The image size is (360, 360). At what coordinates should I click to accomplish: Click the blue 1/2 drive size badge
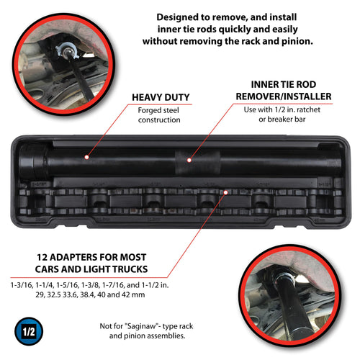(x=29, y=331)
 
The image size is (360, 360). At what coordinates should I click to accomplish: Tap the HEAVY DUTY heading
(x=161, y=97)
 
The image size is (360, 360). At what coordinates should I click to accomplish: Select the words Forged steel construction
(x=159, y=115)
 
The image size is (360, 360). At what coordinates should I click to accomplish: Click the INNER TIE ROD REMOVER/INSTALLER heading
(x=284, y=91)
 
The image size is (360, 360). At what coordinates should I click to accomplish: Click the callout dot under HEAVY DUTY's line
(x=87, y=157)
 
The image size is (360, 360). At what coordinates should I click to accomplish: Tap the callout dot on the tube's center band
(x=189, y=160)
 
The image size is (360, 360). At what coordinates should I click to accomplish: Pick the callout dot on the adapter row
(x=225, y=192)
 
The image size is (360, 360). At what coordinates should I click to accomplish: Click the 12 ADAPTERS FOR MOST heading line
(x=91, y=257)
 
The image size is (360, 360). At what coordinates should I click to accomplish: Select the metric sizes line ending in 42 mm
(x=90, y=294)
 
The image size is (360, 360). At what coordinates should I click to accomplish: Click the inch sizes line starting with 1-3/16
(x=89, y=285)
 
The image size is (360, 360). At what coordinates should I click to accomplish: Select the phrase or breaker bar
(x=282, y=120)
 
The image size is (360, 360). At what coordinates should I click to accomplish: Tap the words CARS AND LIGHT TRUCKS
(x=91, y=269)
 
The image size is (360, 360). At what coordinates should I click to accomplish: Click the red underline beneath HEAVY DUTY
(x=160, y=104)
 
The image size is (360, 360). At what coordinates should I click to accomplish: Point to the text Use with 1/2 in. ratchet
(x=282, y=109)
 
